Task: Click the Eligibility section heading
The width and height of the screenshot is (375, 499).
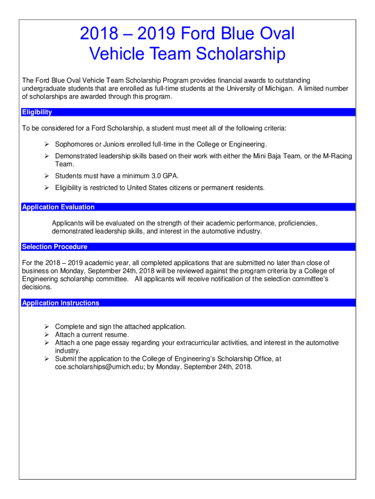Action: pos(37,112)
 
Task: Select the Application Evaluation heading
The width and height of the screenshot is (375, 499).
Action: pos(58,207)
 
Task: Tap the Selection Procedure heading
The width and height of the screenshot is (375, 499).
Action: pos(55,247)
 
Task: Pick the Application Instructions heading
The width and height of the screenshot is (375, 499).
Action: pos(60,303)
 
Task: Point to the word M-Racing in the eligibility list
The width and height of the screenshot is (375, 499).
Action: pos(337,156)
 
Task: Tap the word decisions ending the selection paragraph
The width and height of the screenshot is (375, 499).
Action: pos(37,287)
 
